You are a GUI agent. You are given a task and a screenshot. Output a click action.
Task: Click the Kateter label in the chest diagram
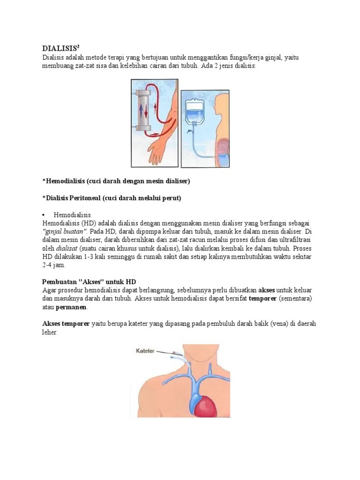145,350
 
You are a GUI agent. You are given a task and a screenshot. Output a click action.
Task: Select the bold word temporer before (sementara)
263,299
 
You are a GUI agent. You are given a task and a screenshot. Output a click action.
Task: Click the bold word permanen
71,307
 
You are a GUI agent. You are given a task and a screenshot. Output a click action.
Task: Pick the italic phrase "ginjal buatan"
65,231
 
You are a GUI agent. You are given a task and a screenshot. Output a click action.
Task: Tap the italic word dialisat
67,248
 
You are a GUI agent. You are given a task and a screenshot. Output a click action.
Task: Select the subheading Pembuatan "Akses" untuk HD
89,282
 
